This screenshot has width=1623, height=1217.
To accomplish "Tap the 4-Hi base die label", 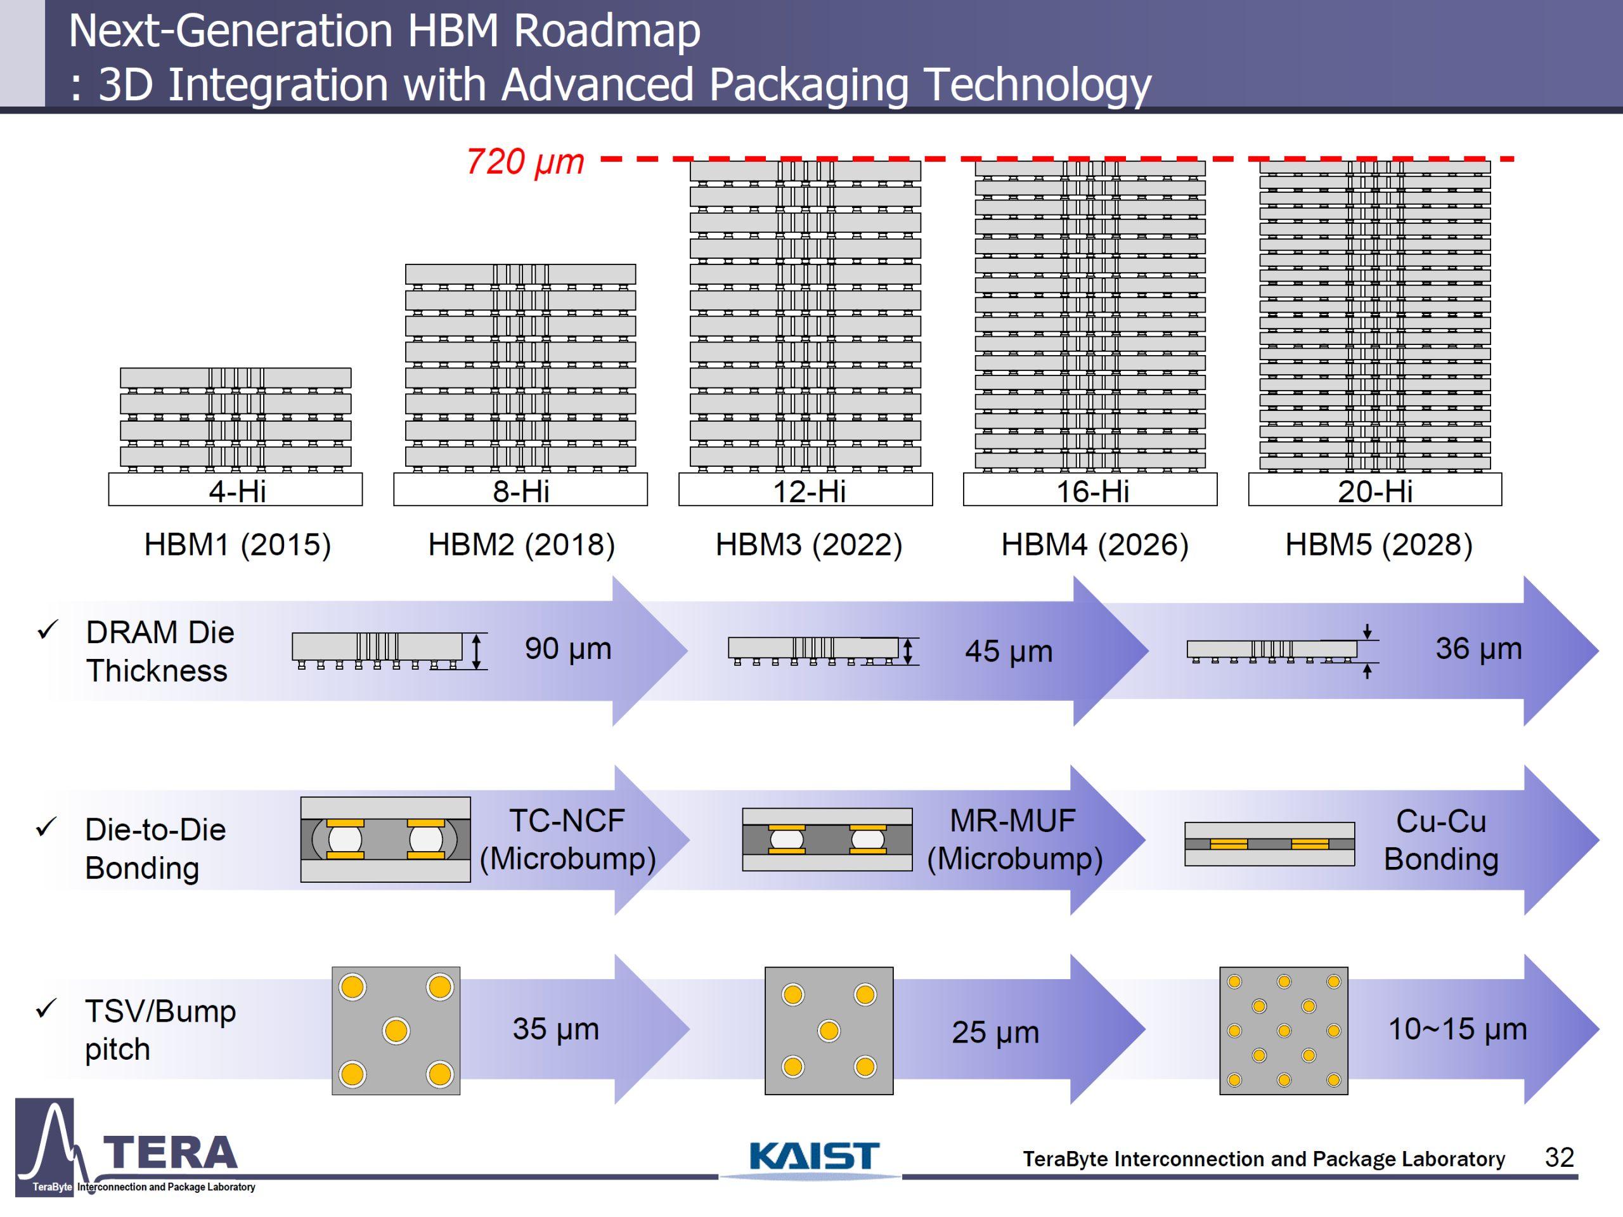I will pos(237,491).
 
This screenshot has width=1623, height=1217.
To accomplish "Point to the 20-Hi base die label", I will pos(1374,491).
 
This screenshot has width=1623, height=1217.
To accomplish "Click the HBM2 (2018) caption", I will pos(521,545).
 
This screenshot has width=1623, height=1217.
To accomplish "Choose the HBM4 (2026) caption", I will pos(1094,545).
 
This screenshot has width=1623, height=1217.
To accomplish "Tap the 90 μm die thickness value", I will pos(568,648).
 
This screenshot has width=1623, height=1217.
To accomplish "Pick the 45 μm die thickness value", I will pos(1008,651).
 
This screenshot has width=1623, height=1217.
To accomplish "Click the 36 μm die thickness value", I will pos(1478,648).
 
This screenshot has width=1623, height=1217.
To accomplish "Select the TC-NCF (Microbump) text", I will pos(567,840).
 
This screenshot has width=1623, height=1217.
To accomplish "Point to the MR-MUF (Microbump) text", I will pos(1014,840).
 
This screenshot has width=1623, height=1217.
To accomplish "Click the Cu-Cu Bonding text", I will pos(1440,840).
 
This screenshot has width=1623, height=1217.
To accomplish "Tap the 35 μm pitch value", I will pos(555,1029).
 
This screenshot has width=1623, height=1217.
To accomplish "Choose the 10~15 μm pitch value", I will pos(1457,1029).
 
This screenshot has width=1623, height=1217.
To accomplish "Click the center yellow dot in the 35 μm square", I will pos(396,1031).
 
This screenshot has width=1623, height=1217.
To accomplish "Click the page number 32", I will pos(1558,1157).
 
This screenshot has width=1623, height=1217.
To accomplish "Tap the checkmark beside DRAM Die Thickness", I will pos(47,630).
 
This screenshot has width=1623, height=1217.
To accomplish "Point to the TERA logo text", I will pos(170,1152).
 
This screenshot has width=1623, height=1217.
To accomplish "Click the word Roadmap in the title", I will pos(606,31).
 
